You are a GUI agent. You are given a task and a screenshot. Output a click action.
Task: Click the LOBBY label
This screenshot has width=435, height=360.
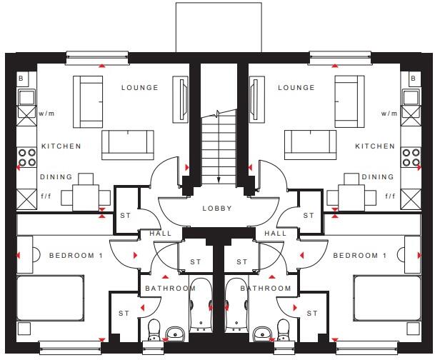pos(218,209)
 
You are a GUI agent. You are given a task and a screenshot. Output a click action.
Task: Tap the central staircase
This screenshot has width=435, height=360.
pos(217,146)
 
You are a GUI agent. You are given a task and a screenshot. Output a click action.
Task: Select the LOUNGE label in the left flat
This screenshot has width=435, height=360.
pos(140,88)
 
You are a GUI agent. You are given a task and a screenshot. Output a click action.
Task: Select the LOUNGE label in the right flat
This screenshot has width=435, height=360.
pos(296,88)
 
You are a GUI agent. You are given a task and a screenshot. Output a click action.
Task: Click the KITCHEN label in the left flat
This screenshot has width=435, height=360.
pos(61,146)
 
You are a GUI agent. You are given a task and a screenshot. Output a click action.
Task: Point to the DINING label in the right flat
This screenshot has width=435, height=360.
pos(378,177)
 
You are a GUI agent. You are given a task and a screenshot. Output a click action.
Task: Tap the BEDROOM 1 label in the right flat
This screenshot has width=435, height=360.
pos(359,256)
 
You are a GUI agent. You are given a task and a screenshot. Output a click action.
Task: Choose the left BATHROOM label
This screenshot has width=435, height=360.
pos(170,289)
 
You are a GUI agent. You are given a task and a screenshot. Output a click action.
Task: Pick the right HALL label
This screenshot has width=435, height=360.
pos(276,234)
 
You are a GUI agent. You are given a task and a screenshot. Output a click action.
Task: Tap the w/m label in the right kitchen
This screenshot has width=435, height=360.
pos(389,114)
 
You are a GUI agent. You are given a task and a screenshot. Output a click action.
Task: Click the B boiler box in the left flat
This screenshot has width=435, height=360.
pos(21,77)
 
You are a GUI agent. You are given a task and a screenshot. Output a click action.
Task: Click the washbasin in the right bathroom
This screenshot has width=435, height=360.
pos(261,334)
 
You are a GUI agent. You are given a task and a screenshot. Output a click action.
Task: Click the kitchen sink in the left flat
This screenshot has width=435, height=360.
pos(26,97)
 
